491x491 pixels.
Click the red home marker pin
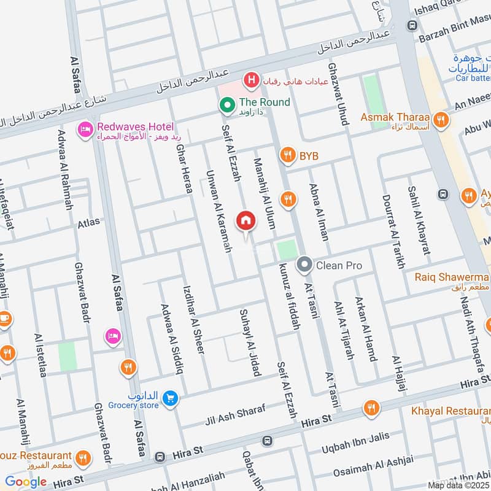246,220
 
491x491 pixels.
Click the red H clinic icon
250,79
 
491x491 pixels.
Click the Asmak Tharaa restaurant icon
439,120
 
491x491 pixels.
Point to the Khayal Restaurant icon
371,408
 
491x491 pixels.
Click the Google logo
26,482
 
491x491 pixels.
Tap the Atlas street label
88,223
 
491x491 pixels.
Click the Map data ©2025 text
458,485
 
